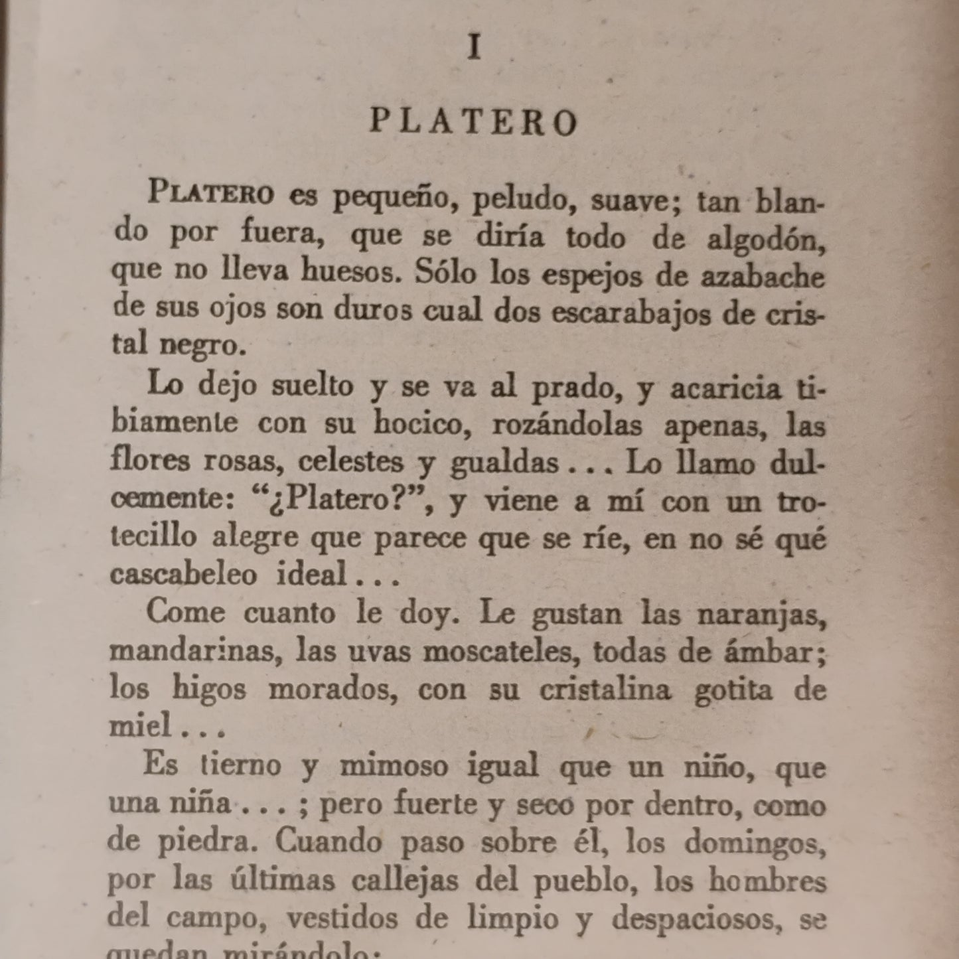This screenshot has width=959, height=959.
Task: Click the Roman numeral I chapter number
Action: click(x=474, y=48)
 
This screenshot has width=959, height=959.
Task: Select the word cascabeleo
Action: click(x=183, y=574)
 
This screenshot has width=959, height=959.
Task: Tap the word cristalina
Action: click(x=605, y=690)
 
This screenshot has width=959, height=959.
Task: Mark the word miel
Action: click(x=140, y=727)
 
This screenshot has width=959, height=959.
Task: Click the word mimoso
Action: click(x=390, y=766)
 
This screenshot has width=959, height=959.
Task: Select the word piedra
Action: click(x=208, y=842)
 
